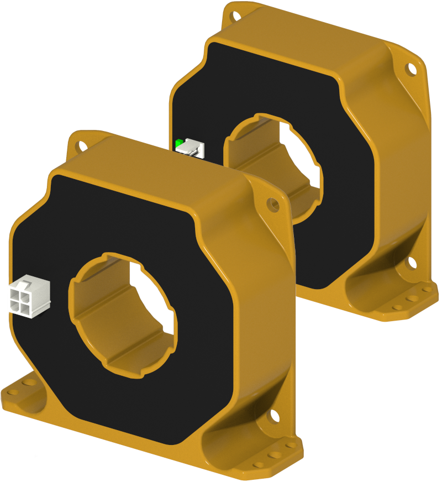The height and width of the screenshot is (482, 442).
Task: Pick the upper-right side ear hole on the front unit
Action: pos(272,205)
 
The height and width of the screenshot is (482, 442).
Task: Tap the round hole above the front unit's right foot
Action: pos(275,413)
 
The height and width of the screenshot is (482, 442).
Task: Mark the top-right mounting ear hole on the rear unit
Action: pos(411,69)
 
